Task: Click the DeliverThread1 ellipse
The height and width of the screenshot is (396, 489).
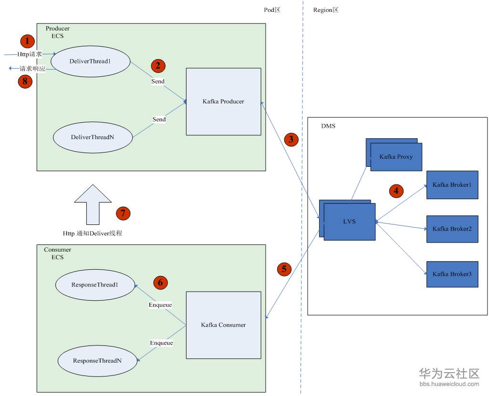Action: tap(90, 61)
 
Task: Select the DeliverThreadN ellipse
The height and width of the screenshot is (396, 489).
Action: tap(93, 137)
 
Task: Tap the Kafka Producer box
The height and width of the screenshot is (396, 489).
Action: tap(223, 102)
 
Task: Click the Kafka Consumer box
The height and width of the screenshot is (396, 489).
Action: tap(223, 325)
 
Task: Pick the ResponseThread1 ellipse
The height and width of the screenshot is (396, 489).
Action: tap(94, 285)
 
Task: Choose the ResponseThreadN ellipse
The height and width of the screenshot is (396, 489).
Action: tap(97, 361)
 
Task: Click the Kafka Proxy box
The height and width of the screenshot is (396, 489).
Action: tap(396, 157)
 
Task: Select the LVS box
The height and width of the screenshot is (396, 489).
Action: tap(349, 222)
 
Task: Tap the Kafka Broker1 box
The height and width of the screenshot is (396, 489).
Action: tap(452, 184)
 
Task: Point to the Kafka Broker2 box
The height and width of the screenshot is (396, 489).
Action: tap(452, 229)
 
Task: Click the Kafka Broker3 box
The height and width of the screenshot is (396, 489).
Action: tap(452, 274)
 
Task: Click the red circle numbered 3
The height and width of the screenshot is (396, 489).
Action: tap(291, 139)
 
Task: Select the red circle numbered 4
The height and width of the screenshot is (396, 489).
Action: tap(396, 191)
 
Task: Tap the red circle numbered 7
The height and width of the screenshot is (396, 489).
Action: tap(123, 213)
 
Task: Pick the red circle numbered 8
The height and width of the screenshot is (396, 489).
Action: tap(25, 81)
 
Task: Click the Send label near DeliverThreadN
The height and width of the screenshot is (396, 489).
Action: tap(159, 119)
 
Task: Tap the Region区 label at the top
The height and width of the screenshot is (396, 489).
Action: tap(325, 10)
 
